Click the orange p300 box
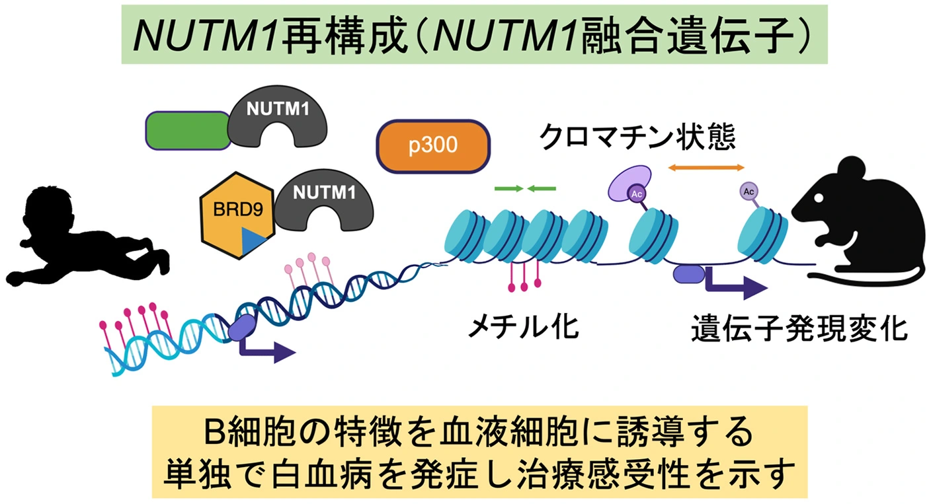click(433, 146)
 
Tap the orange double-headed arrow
click(706, 168)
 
